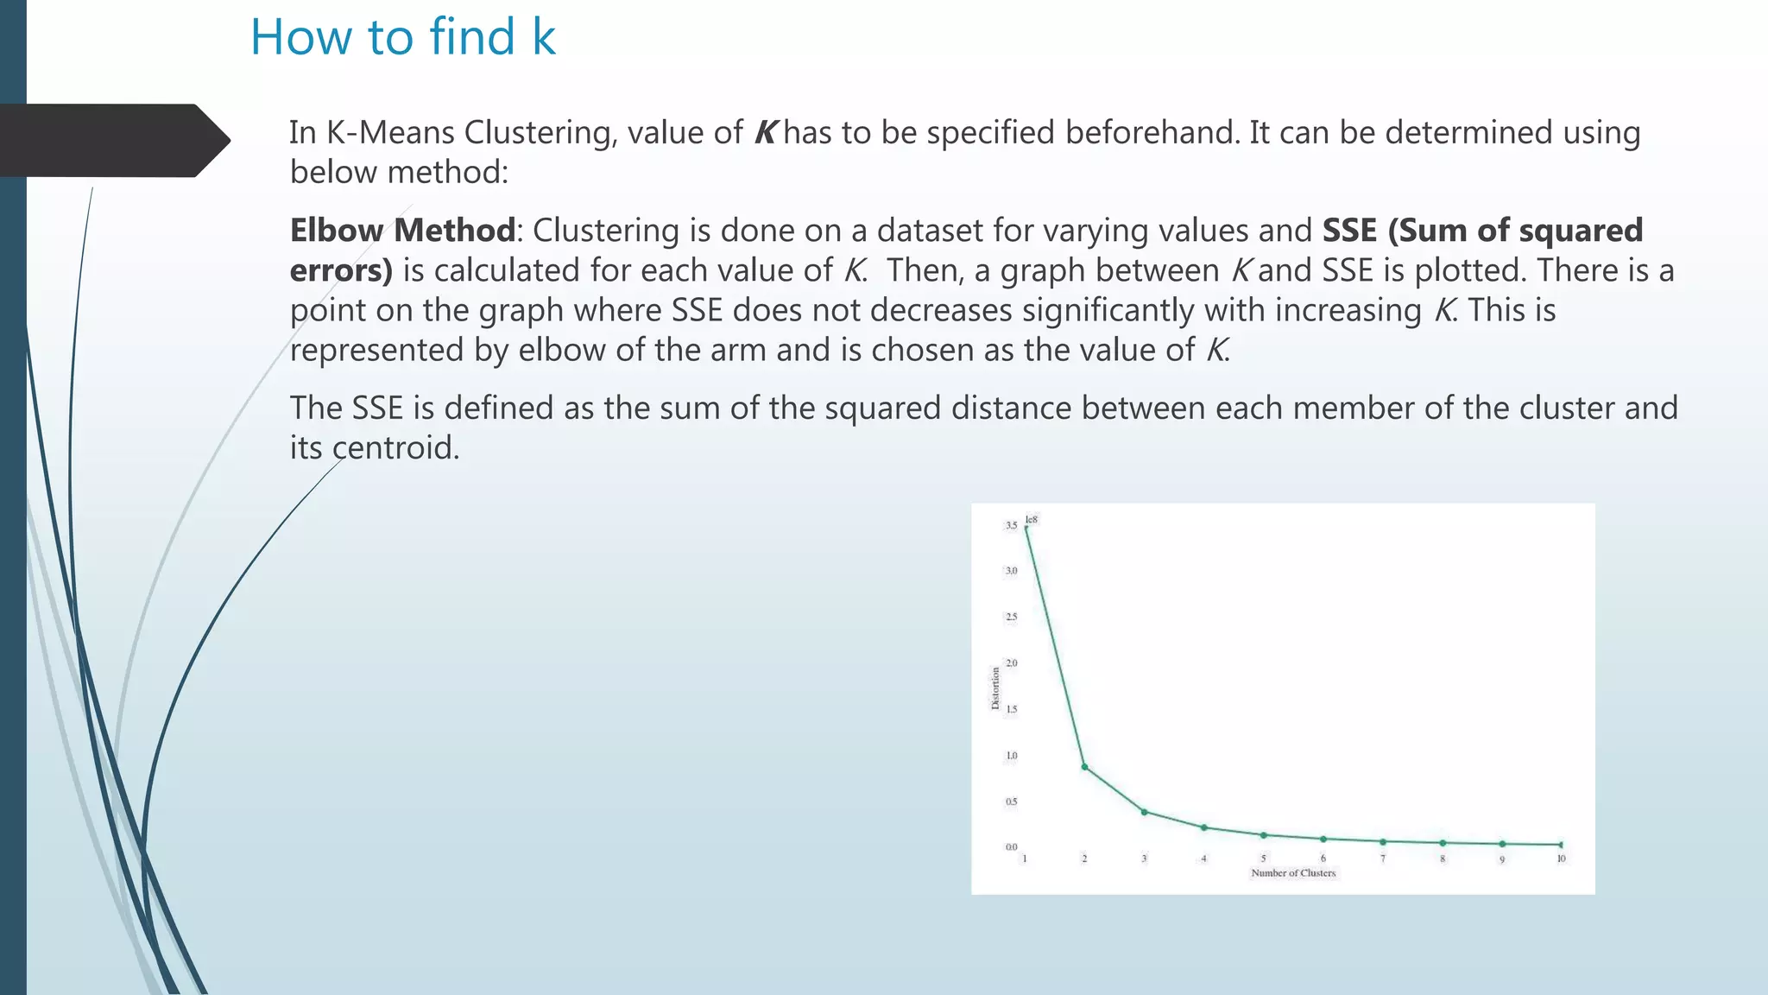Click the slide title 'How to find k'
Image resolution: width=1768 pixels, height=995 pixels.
click(402, 37)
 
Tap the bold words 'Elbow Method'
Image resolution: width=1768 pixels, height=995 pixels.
click(402, 231)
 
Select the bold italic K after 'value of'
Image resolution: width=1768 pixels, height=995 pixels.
click(765, 133)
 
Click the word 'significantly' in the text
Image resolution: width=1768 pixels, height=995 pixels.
click(1108, 310)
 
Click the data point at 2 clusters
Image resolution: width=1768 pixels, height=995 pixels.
click(1084, 767)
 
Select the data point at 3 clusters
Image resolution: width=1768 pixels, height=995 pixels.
click(1144, 812)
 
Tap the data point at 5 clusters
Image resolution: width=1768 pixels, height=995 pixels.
click(1263, 835)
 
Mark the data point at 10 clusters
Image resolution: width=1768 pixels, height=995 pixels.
click(1561, 845)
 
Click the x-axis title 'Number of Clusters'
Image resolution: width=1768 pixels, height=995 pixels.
click(1293, 873)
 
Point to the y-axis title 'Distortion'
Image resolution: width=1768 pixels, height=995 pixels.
click(995, 688)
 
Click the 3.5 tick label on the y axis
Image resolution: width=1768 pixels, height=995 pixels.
click(1011, 525)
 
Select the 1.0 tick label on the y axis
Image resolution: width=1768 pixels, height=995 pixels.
click(1011, 756)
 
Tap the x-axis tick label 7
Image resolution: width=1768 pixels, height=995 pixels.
click(1382, 859)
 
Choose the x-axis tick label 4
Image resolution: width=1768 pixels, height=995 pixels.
click(1203, 859)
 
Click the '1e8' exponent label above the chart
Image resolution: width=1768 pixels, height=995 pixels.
click(1032, 519)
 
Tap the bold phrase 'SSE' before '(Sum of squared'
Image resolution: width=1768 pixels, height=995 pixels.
click(1349, 231)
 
